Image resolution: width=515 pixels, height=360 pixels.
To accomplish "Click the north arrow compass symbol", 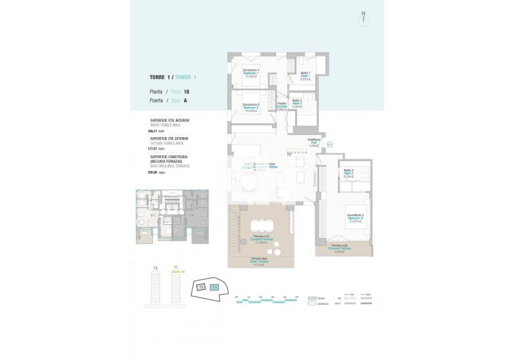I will point(364,18).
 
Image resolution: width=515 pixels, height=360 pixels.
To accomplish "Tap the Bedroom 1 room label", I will point(250,73).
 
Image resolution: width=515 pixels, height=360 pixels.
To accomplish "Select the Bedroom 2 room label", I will point(250,107).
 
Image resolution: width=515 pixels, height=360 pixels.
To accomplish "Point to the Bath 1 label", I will point(305,76).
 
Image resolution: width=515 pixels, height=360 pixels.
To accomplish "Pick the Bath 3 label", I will point(348,173).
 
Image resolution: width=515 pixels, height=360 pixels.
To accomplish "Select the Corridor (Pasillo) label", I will point(281,106).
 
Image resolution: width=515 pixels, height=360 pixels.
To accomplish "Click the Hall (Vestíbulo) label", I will point(314,142).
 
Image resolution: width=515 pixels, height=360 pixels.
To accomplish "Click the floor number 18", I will point(186,91).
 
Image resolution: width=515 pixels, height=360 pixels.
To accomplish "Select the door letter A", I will point(185,100).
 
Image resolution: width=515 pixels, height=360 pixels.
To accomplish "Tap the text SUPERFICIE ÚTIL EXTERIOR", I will point(170,138).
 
